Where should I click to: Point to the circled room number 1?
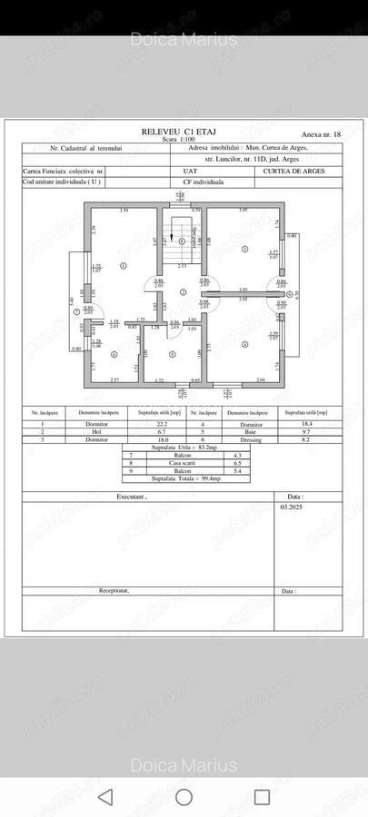click(x=124, y=264)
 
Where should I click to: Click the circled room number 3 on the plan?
click(x=244, y=248)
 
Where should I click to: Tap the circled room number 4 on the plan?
click(x=244, y=343)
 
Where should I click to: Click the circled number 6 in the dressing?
click(x=114, y=355)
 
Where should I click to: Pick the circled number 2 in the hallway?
click(x=183, y=292)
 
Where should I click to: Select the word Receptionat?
click(x=114, y=590)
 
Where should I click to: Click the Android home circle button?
click(x=184, y=797)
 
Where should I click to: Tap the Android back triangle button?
click(x=105, y=797)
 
